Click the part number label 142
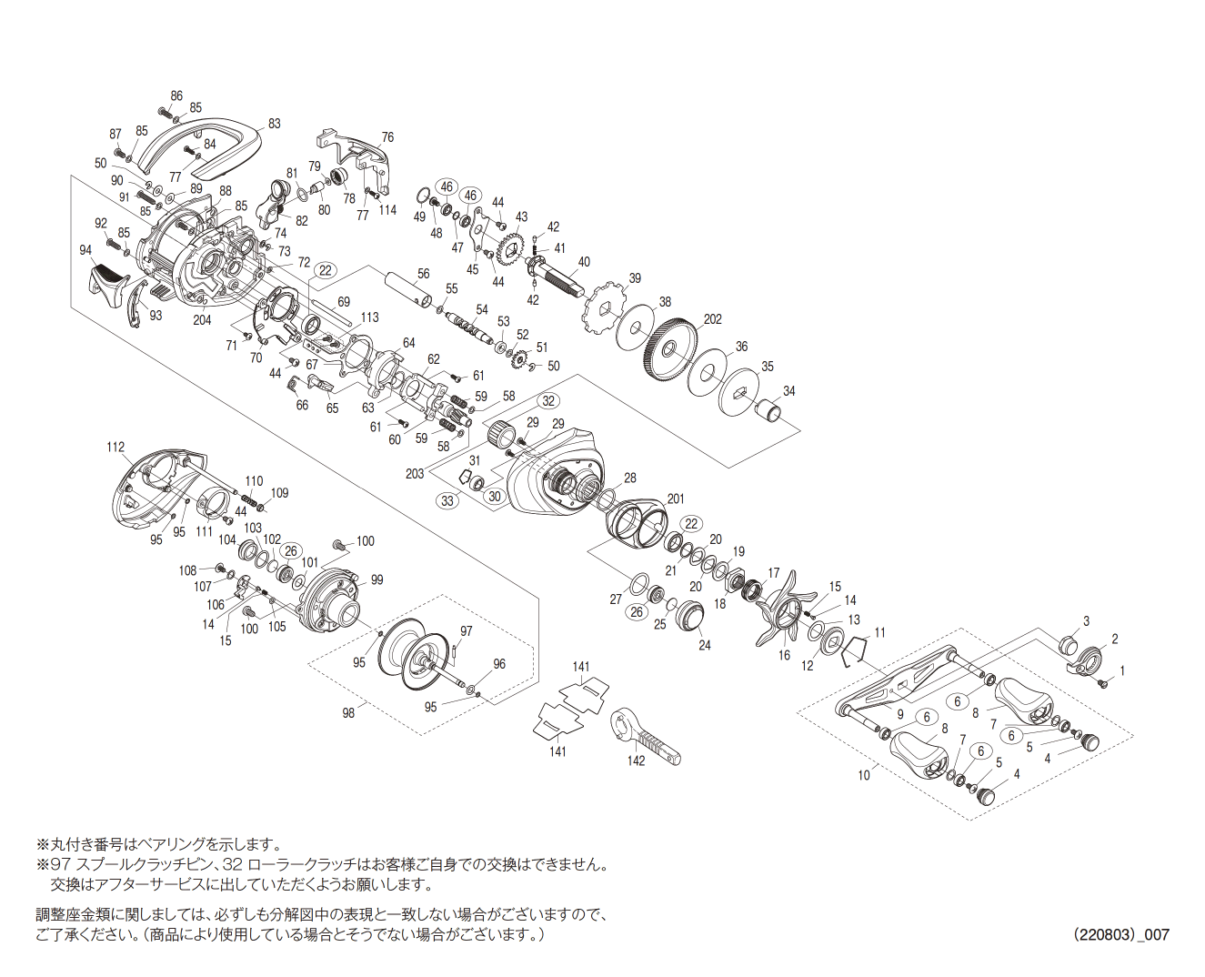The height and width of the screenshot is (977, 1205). tap(636, 760)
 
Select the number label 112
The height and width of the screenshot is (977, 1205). tap(115, 447)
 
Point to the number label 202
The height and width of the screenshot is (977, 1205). tap(712, 319)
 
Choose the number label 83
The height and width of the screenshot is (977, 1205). tap(274, 124)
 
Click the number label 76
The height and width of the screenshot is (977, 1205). tap(387, 137)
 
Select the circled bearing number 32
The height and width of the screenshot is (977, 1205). tap(547, 401)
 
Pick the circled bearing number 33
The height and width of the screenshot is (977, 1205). tap(447, 500)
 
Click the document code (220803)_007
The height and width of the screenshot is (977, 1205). tap(1120, 934)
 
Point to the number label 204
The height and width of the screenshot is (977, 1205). tap(202, 319)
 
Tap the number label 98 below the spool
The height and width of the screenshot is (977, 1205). tap(348, 713)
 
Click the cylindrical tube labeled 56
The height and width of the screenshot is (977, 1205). tap(407, 288)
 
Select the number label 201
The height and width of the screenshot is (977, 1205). tap(676, 499)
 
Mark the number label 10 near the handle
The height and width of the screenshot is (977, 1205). tap(863, 774)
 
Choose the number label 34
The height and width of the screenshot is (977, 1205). tap(788, 391)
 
